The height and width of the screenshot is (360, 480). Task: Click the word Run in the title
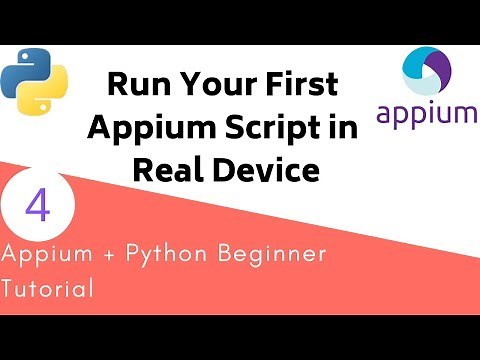(x=132, y=84)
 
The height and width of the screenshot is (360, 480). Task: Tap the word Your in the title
(x=204, y=84)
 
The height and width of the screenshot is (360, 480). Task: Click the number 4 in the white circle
(x=38, y=207)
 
